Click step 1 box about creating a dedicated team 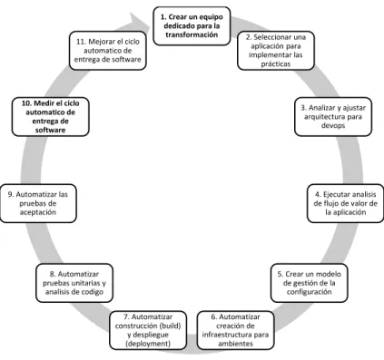192,26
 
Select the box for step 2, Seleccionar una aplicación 276,51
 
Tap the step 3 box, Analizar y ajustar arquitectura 333,117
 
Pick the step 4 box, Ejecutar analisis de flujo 345,203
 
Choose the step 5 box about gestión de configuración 309,283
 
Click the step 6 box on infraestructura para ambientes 235,330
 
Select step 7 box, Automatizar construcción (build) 148,330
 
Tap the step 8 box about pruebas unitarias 74,283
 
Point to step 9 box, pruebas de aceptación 38,203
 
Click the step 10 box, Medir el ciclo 51,117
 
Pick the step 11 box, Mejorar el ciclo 108,51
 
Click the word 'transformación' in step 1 192,34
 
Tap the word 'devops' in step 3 333,125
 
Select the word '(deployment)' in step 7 148,344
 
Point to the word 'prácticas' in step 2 276,63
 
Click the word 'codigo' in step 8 91,292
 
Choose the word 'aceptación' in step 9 38,212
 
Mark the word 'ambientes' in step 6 235,344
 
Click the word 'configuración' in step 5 309,292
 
